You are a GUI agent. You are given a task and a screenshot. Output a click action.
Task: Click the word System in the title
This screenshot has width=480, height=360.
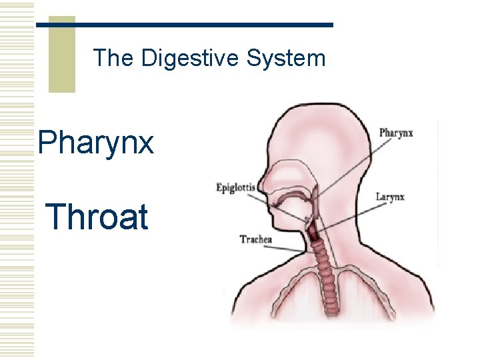pos(285,59)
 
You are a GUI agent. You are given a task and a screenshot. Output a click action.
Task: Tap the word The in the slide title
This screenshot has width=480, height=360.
pos(115,59)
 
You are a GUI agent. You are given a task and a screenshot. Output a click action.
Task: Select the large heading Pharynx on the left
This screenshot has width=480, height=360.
pos(96,143)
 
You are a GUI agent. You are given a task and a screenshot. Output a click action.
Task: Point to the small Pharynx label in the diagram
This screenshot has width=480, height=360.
pos(396,133)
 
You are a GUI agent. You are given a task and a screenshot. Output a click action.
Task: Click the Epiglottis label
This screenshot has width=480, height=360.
pos(235,187)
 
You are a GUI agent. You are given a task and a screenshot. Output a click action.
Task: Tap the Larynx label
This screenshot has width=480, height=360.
pos(390,197)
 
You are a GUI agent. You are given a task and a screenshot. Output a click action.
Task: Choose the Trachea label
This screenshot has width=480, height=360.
pos(256,238)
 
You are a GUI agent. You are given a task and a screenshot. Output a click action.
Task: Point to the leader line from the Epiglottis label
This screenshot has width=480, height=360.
pos(280,203)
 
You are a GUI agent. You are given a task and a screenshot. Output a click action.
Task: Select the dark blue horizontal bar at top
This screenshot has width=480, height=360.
pos(184,25)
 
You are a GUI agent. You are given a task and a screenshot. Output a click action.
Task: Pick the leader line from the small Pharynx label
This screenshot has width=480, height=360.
pos(347,167)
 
